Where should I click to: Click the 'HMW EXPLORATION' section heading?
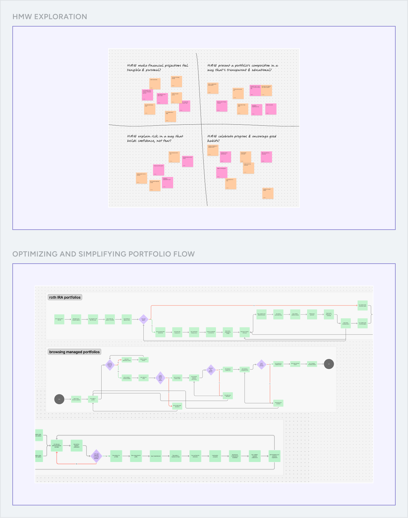click(50, 17)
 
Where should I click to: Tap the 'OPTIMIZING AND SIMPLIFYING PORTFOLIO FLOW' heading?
click(104, 254)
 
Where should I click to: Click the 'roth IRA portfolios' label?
click(65, 297)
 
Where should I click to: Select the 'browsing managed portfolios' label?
click(74, 352)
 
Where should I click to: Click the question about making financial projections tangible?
click(158, 68)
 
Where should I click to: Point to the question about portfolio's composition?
click(243, 68)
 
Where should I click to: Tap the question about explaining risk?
click(155, 138)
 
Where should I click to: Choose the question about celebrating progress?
click(242, 138)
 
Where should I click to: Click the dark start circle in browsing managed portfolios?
click(59, 399)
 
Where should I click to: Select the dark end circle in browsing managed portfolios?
click(329, 364)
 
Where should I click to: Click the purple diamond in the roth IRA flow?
click(143, 319)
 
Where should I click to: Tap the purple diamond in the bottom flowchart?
click(96, 456)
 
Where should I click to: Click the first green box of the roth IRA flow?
click(59, 319)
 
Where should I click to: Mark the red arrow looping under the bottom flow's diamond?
click(76, 464)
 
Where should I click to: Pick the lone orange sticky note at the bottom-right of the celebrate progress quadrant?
click(268, 193)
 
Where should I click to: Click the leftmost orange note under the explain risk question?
click(142, 178)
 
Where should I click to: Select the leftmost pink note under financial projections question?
click(147, 95)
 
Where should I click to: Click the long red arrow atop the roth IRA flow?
click(253, 306)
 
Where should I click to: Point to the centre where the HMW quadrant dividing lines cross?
click(202, 125)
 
